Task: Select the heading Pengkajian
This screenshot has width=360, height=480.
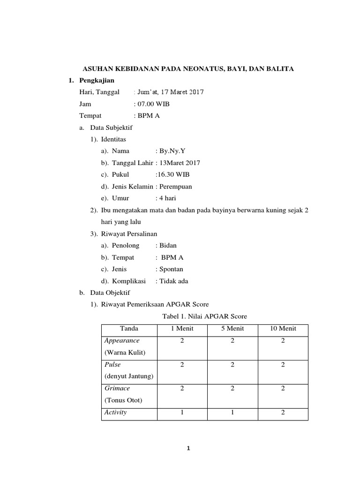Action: [97, 81]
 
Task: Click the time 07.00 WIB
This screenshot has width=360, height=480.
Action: [153, 104]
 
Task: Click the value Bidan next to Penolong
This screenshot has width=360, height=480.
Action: [168, 245]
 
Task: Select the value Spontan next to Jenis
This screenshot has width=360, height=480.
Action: [171, 269]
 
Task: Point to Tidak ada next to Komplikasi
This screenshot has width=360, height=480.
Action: [174, 281]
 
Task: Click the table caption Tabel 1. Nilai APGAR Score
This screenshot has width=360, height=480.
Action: [204, 316]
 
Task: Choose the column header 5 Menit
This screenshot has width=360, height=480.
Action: [232, 329]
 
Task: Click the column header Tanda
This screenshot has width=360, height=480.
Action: [129, 329]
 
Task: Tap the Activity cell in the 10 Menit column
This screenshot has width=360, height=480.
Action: [283, 412]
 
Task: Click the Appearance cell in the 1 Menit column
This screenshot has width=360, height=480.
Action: [181, 341]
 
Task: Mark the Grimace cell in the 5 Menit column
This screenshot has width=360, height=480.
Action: [232, 389]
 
